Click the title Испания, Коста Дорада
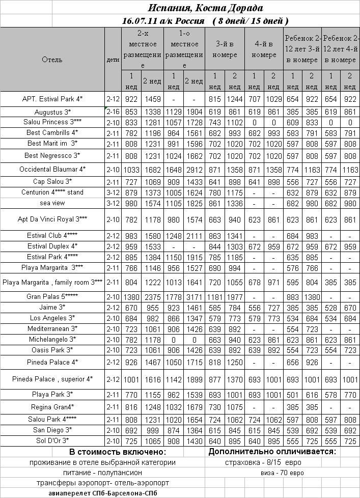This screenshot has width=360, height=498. (206, 8)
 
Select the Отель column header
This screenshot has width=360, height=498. (52, 60)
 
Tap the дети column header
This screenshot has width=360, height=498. (113, 60)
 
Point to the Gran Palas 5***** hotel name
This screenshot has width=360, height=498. (52, 296)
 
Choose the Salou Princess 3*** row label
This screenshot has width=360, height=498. (52, 122)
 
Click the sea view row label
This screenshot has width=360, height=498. (52, 203)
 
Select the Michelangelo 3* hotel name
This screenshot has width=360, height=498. (52, 339)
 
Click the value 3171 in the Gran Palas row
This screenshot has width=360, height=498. (193, 296)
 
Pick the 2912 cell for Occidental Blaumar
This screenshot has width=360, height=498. (193, 169)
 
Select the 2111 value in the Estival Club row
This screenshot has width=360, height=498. (193, 236)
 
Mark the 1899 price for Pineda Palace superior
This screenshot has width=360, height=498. (193, 379)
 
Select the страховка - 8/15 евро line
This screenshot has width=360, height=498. (263, 462)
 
